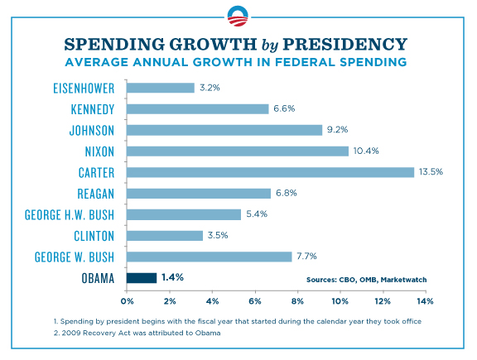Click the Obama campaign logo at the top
point(238,15)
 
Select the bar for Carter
point(270,172)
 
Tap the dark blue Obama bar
point(142,278)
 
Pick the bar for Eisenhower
point(161,87)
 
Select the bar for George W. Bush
point(210,257)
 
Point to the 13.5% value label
point(430,172)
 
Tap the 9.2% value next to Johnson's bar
point(338,130)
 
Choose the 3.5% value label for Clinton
point(218,236)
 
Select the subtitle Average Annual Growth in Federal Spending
point(238,61)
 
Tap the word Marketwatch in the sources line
point(402,280)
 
